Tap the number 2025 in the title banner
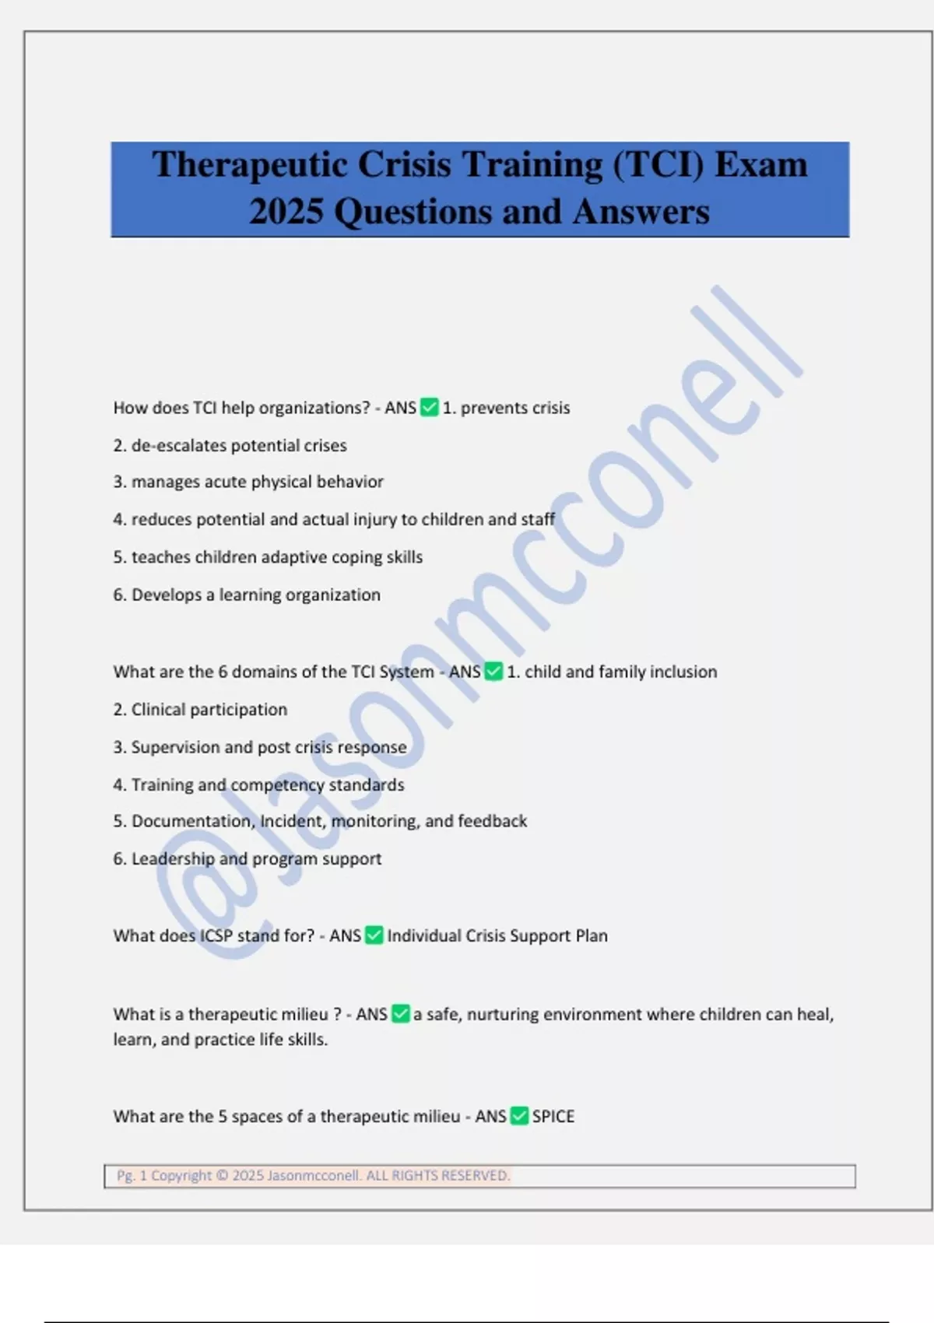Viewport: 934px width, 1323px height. (286, 212)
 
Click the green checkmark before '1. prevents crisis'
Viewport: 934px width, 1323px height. (430, 407)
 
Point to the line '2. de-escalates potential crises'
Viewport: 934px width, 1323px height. (230, 445)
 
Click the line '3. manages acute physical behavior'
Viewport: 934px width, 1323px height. (248, 482)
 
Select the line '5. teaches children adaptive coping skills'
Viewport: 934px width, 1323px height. (268, 557)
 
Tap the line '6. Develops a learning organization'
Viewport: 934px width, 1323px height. (247, 595)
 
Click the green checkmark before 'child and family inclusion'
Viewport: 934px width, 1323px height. (493, 671)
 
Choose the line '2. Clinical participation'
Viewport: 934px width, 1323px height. (200, 709)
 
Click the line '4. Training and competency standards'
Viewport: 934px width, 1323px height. (258, 784)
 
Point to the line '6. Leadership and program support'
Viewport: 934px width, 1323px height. (248, 858)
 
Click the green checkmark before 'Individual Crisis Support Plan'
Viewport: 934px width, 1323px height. (374, 935)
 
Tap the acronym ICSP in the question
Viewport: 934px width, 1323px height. (216, 935)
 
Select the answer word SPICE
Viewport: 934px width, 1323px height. (553, 1116)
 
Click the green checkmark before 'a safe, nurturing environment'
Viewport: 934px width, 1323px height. (400, 1013)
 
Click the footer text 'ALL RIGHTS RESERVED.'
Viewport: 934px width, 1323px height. (438, 1175)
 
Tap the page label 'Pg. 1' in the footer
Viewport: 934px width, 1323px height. (132, 1175)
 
